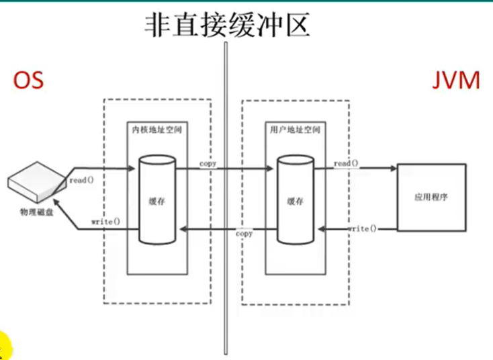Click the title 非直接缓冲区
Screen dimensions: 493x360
coord(227,25)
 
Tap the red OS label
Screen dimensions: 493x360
coord(28,80)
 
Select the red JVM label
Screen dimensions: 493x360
coord(456,81)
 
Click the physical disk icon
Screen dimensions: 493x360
coord(37,183)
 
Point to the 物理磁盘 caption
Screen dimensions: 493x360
coord(37,212)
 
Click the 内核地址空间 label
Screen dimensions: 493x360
coord(157,130)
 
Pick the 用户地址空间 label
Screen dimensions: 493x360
coord(296,130)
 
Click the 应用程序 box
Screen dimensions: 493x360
coord(431,197)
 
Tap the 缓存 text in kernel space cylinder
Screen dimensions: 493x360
coord(157,201)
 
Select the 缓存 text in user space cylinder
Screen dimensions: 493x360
coord(296,201)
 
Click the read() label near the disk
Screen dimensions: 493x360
coord(81,180)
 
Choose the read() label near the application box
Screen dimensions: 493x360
coord(346,163)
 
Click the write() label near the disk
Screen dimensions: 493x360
coord(105,222)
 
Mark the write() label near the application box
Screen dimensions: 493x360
coord(362,228)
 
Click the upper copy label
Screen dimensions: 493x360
coord(208,164)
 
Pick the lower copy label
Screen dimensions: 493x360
coord(244,234)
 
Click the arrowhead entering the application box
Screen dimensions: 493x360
coord(394,168)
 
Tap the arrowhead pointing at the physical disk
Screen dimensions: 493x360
coord(58,203)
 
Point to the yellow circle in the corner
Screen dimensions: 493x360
coord(5,346)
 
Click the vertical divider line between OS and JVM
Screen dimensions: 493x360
coord(226,198)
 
